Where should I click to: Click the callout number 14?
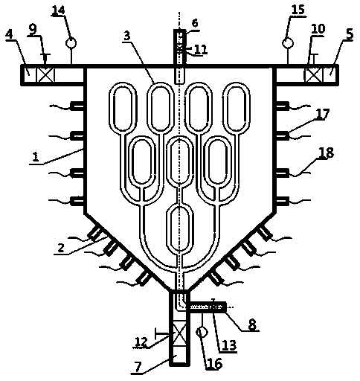59,10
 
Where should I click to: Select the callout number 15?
298,10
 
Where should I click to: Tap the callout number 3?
126,36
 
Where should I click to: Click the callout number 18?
327,153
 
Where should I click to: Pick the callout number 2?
61,247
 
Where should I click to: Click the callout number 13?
229,345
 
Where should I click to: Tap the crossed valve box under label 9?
45,74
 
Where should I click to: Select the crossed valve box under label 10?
313,74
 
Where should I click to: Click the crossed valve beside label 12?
179,336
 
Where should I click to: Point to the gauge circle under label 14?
71,43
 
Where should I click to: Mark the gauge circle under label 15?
288,43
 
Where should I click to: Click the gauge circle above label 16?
202,332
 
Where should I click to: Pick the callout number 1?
36,156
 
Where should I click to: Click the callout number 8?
252,324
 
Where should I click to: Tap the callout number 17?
322,114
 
